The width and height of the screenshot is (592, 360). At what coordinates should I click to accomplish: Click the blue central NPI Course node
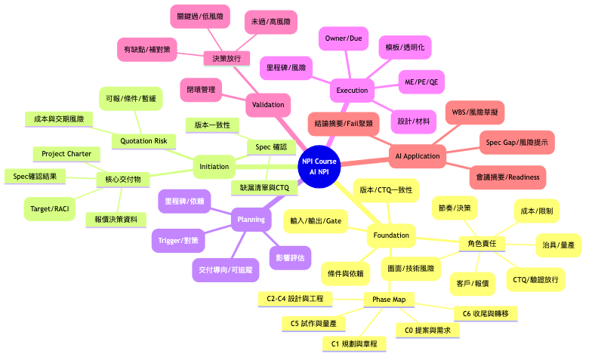(319, 166)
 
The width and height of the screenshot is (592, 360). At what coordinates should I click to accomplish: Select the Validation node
(268, 104)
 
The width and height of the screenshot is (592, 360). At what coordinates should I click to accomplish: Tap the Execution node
(352, 91)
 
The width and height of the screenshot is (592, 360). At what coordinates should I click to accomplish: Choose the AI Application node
(418, 155)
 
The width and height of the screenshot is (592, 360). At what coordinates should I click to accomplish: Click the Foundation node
(391, 235)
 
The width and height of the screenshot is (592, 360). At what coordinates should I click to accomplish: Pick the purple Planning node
(251, 219)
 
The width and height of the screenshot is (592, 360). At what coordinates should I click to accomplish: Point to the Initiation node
(214, 166)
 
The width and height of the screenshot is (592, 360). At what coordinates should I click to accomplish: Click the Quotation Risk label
(143, 141)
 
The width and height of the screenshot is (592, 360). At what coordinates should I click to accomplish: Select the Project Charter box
(66, 154)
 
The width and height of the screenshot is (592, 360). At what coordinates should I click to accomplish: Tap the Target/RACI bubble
(50, 208)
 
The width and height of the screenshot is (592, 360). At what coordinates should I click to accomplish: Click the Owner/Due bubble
(344, 38)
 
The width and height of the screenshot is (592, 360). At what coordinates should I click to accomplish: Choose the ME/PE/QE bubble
(421, 82)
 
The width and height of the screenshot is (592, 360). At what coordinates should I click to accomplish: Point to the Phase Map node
(389, 300)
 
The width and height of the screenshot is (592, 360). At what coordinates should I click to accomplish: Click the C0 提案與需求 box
(427, 331)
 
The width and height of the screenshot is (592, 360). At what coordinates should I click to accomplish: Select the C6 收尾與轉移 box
(486, 314)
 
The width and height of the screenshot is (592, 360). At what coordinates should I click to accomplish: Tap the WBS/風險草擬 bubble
(475, 112)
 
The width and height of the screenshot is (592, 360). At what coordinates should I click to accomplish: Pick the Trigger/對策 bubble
(178, 240)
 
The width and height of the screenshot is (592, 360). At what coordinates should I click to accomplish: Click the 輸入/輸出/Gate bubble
(316, 220)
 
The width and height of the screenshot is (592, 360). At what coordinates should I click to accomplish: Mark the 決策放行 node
(227, 59)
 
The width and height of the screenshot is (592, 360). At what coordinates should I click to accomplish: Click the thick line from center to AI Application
(365, 162)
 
